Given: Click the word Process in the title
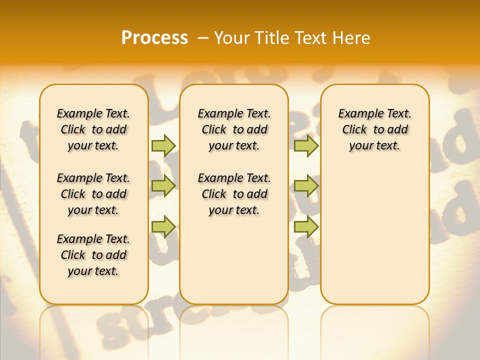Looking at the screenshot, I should (x=154, y=37).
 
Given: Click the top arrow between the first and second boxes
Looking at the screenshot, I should (x=163, y=145).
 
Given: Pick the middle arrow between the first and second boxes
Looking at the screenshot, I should (x=163, y=186).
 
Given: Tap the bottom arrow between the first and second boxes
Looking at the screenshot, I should (x=163, y=226).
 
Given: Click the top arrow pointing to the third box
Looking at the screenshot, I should (x=306, y=145).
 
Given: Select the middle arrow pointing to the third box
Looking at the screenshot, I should (x=306, y=186).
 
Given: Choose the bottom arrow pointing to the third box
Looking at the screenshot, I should (x=306, y=226).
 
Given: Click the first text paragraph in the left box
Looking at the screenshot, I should (x=93, y=129).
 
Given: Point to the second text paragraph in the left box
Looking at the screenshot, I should (x=93, y=194).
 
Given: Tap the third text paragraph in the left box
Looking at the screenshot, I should (x=93, y=255).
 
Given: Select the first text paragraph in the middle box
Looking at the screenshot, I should (x=234, y=129).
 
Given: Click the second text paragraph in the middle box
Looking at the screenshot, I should (x=234, y=194).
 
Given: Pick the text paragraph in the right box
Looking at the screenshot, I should (x=374, y=129).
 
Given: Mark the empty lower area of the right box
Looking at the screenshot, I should (x=374, y=235).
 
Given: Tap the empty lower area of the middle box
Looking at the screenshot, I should (x=234, y=260).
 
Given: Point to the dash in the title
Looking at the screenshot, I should (x=203, y=37).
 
